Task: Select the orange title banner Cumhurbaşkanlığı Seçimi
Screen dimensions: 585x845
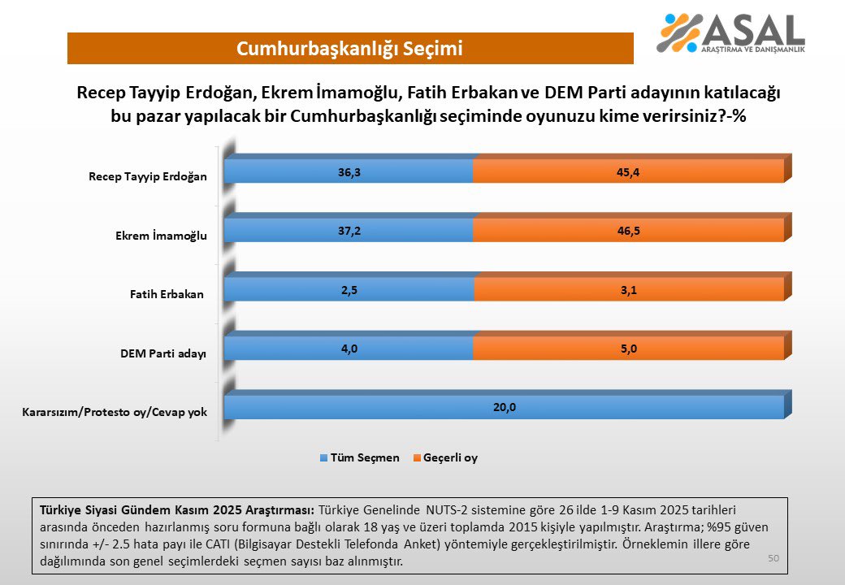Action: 350,49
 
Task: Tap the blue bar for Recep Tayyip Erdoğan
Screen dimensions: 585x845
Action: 349,171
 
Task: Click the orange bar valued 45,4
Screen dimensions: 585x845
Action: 628,171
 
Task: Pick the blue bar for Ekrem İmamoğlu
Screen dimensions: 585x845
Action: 349,231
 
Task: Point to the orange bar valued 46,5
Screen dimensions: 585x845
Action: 628,231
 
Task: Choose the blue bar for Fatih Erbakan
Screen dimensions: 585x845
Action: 349,289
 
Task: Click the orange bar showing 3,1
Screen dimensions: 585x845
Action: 628,289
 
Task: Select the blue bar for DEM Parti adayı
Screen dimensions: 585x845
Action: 349,349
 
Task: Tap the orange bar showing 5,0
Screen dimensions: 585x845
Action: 628,349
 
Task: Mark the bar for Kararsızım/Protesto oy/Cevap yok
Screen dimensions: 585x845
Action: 504,407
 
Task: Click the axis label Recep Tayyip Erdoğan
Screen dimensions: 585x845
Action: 148,176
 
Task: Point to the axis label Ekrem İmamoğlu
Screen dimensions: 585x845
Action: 161,236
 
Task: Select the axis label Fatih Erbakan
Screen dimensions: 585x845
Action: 167,294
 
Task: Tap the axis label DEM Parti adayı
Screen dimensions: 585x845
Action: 162,353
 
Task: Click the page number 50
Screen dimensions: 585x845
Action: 773,558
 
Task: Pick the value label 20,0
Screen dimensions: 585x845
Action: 504,407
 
